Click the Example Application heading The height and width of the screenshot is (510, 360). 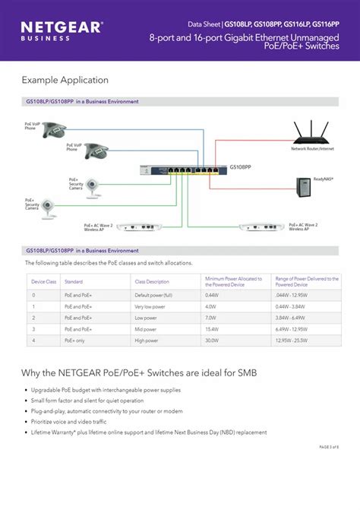pos(65,80)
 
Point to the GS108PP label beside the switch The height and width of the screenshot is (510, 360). pos(241,164)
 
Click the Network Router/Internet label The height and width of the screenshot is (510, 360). pos(312,149)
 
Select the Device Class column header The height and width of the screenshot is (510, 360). pos(44,282)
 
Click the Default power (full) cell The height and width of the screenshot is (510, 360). pos(153,294)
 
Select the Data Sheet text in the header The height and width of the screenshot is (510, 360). pos(204,24)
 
